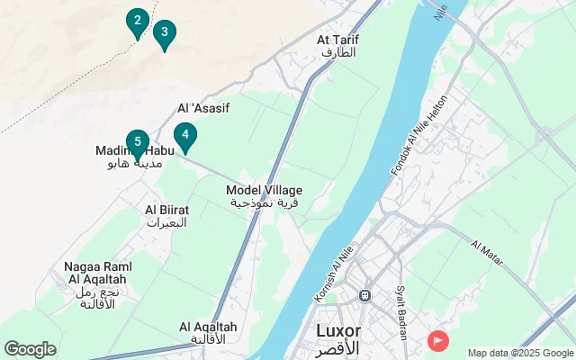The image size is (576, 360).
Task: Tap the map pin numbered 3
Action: pyautogui.click(x=164, y=34)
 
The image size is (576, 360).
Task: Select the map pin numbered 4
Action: pyautogui.click(x=184, y=137)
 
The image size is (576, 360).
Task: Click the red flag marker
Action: pyautogui.click(x=438, y=340)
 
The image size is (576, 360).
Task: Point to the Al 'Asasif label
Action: pyautogui.click(x=203, y=108)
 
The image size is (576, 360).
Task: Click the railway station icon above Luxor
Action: pyautogui.click(x=364, y=295)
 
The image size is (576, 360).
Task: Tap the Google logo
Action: pyautogui.click(x=30, y=349)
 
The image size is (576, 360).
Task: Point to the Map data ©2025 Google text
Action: pyautogui.click(x=519, y=353)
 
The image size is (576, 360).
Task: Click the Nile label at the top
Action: pyautogui.click(x=440, y=11)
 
